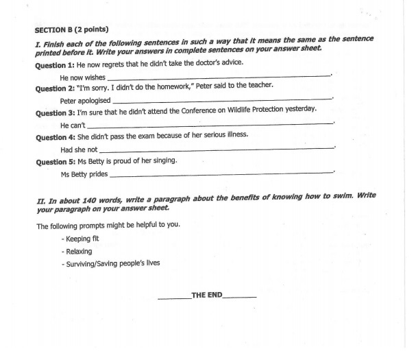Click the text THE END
point(207,295)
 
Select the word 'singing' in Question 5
point(164,160)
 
